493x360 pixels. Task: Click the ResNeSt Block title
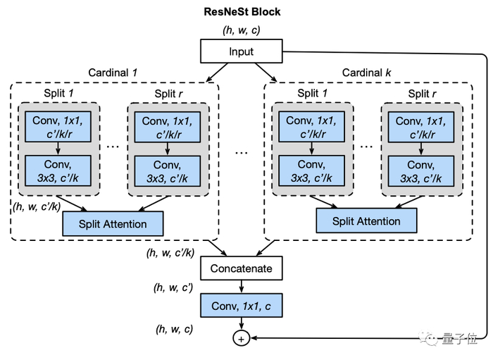[x=242, y=12]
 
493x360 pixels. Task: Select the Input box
[x=242, y=51]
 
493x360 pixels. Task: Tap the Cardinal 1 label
[x=113, y=73]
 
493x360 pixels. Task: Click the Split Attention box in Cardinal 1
[x=113, y=224]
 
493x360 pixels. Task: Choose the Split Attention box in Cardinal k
[x=366, y=221]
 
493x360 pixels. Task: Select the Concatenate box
[x=241, y=268]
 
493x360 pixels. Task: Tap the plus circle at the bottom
[x=241, y=339]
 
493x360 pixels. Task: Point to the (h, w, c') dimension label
[x=174, y=287]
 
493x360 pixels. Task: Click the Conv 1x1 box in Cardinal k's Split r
[x=421, y=126]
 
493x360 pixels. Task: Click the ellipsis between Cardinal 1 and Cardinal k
[x=241, y=151]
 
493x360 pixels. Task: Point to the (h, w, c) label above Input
[x=242, y=30]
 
